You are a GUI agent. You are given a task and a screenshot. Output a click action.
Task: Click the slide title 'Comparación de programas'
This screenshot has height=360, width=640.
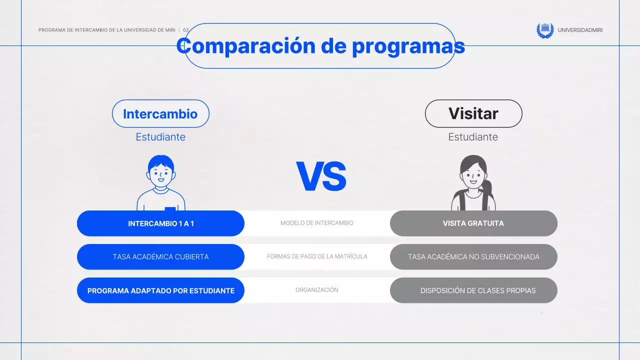tap(320, 46)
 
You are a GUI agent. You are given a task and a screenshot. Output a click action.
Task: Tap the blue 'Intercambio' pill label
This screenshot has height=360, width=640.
tap(160, 114)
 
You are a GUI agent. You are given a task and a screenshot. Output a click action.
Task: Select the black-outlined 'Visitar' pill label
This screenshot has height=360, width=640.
tap(473, 113)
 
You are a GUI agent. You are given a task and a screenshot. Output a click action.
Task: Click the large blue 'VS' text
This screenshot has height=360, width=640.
tap(321, 176)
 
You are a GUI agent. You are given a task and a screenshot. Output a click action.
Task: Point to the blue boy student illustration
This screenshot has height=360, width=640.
tap(161, 182)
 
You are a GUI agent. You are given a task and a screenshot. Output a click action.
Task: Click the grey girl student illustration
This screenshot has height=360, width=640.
tap(473, 182)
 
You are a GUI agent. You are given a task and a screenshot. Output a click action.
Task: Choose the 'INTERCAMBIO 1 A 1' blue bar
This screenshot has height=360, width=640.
tap(160, 223)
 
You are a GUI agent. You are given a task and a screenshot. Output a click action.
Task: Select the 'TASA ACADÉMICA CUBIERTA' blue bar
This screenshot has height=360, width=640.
tap(160, 257)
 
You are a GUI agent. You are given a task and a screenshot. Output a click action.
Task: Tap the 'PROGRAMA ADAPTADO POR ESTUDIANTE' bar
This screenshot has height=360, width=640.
tap(160, 290)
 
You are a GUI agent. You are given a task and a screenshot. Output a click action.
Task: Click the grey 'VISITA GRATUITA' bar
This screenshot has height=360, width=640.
tap(473, 223)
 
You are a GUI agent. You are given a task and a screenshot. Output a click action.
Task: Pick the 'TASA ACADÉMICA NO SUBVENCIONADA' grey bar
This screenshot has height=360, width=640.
tap(473, 257)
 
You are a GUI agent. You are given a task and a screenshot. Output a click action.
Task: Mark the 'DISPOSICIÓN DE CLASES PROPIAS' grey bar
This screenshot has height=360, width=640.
tap(473, 290)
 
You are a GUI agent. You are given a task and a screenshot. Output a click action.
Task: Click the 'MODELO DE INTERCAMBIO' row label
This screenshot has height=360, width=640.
tap(317, 223)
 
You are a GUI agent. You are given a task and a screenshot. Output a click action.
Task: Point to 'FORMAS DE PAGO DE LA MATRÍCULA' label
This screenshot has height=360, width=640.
tap(317, 256)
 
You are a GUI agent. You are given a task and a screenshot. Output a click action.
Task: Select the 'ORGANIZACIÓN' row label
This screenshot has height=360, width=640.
tap(317, 290)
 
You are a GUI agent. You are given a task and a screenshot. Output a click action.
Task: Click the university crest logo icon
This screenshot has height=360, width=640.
tap(545, 30)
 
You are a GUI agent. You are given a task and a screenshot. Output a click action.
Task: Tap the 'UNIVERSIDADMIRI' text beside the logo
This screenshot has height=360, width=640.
tap(580, 30)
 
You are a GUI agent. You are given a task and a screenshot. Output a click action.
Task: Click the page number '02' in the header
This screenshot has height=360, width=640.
tap(186, 30)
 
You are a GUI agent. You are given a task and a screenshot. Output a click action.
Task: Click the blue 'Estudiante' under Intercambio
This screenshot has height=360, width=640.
tap(160, 137)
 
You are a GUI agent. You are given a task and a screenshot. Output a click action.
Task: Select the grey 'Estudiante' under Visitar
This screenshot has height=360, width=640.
tap(473, 137)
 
